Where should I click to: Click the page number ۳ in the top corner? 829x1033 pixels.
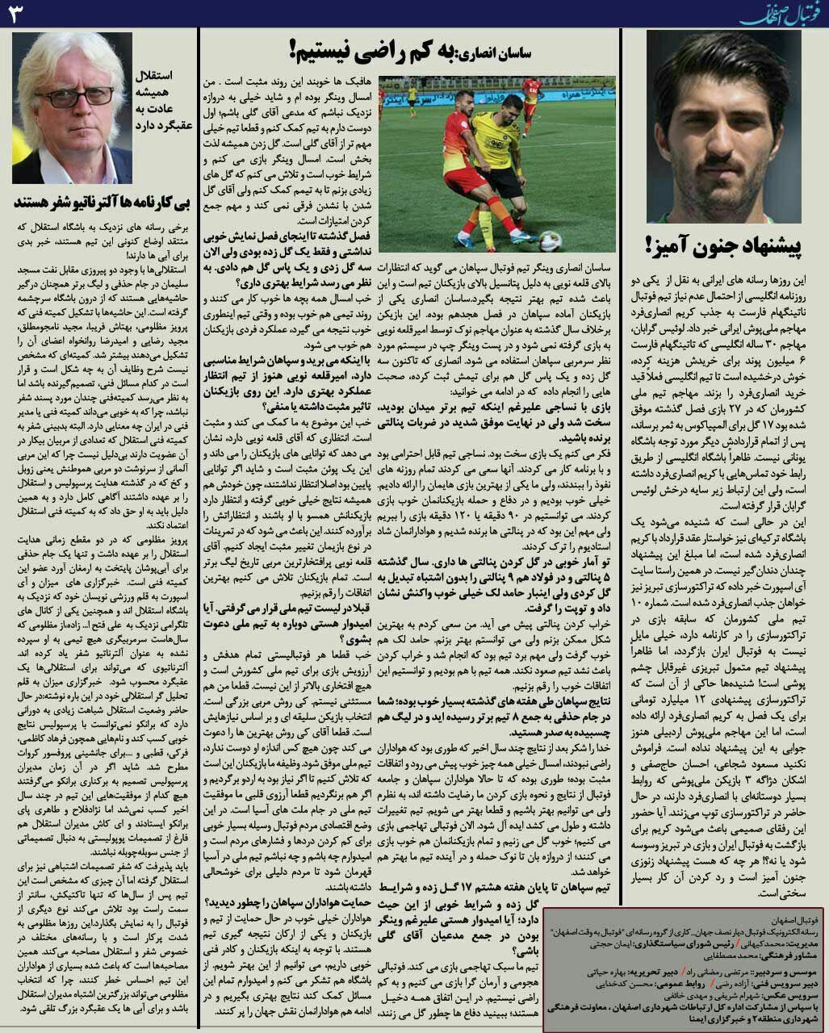pos(18,13)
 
